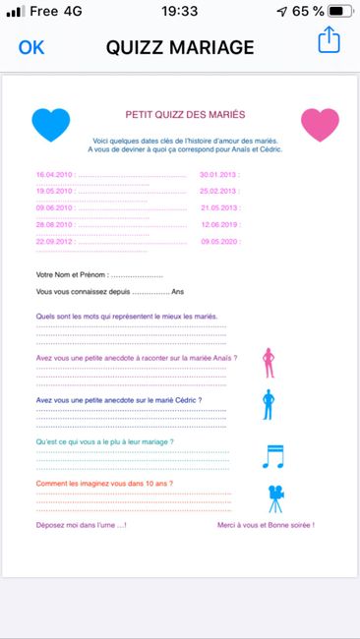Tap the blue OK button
click(31, 46)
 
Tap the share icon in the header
click(328, 41)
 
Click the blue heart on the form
click(51, 125)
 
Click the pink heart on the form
click(319, 125)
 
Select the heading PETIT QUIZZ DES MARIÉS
click(185, 115)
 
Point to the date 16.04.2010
click(54, 174)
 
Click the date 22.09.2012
click(54, 241)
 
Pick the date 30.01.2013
click(218, 174)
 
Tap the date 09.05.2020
click(218, 241)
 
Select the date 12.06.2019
click(218, 224)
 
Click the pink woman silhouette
click(269, 363)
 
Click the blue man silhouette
click(269, 404)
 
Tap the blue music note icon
click(273, 455)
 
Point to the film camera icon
click(275, 498)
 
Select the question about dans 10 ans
click(97, 485)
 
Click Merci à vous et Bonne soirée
click(266, 526)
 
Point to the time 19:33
click(179, 12)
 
